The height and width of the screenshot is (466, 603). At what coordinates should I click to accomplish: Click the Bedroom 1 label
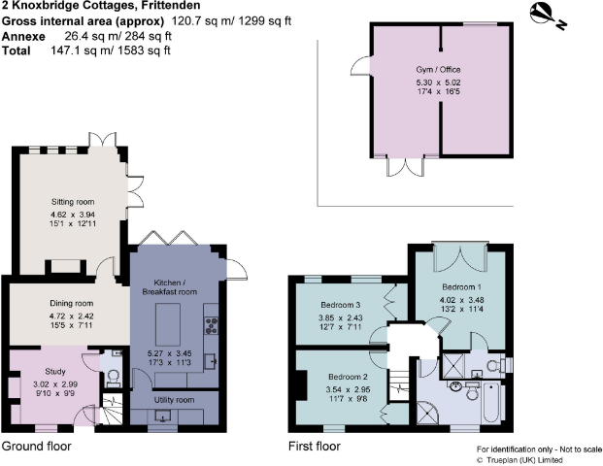pyautogui.click(x=461, y=287)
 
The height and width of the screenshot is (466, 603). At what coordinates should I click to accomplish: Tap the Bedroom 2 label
pyautogui.click(x=347, y=376)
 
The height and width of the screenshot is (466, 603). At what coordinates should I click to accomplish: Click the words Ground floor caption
pyautogui.click(x=36, y=448)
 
